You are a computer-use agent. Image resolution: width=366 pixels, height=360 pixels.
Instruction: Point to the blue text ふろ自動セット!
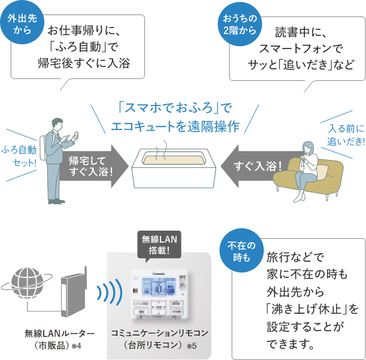[19, 155]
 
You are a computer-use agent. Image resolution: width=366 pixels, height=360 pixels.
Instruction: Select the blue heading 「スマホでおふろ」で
[174, 108]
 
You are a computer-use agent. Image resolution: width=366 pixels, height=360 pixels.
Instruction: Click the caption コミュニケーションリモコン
[159, 332]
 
